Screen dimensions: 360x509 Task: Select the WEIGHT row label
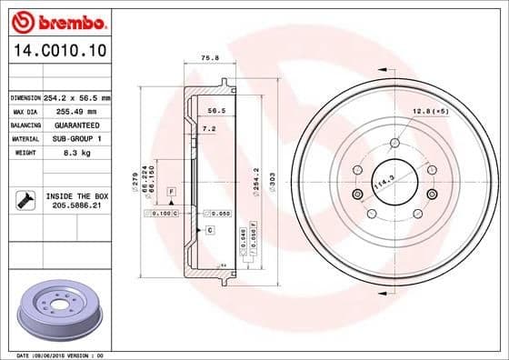coord(25,154)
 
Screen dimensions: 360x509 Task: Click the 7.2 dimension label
coord(208,129)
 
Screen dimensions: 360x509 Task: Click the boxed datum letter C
coord(209,231)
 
